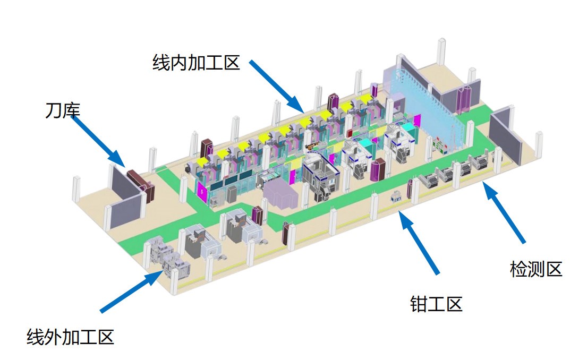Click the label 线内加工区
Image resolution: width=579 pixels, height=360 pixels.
(196, 64)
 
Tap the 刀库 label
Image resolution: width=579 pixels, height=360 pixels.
(62, 111)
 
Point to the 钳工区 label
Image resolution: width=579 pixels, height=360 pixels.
(436, 304)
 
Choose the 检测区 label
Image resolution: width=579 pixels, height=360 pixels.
(535, 269)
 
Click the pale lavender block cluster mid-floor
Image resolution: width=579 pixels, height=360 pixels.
(282, 194)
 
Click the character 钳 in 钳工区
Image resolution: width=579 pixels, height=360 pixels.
(419, 304)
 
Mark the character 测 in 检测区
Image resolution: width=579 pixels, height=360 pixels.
(535, 269)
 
